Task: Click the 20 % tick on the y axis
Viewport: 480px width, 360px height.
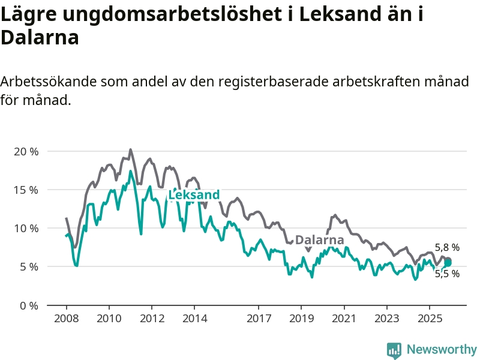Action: tap(26, 151)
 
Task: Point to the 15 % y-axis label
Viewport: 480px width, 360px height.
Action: tap(26, 190)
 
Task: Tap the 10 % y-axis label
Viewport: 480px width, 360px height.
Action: tap(26, 228)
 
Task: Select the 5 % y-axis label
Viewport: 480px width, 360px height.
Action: tap(28, 266)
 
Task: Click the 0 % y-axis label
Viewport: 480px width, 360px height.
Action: tap(28, 305)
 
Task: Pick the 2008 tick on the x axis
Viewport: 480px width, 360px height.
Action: tap(65, 317)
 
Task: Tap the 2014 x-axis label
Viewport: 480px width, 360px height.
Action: tap(194, 317)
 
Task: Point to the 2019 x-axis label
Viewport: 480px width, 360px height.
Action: tap(301, 317)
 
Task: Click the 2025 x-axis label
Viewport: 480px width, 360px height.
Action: tap(430, 317)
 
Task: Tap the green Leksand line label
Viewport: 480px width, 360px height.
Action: tap(194, 195)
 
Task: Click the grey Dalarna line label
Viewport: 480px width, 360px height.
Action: tap(319, 239)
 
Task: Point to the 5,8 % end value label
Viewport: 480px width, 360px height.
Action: tap(447, 247)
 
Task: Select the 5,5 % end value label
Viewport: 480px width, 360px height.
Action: tap(447, 274)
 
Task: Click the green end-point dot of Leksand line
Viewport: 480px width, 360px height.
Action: tap(448, 262)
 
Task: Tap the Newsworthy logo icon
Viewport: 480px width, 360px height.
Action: tap(394, 350)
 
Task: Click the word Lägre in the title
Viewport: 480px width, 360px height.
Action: tap(27, 15)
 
